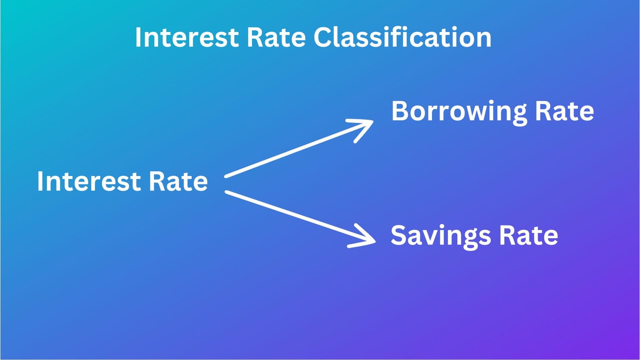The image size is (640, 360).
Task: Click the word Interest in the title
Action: click(x=187, y=38)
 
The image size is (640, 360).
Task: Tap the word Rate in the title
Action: click(x=276, y=38)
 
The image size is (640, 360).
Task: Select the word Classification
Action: click(x=402, y=38)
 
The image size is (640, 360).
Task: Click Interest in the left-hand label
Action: click(x=89, y=182)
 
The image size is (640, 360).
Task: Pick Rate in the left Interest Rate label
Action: click(x=178, y=182)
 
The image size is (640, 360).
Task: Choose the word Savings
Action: click(x=440, y=236)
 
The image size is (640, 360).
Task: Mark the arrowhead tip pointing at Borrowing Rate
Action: click(x=372, y=122)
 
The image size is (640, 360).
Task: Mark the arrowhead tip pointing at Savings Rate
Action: click(x=375, y=241)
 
